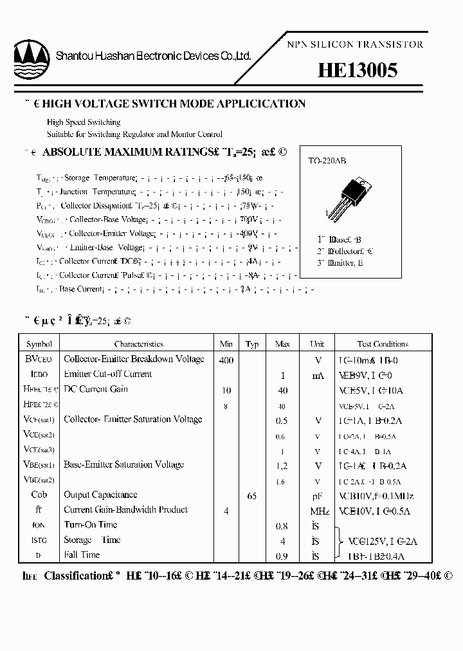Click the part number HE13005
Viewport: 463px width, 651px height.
pyautogui.click(x=358, y=71)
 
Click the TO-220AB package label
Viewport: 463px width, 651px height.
pyautogui.click(x=327, y=161)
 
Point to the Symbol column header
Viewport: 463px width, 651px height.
pyautogui.click(x=39, y=344)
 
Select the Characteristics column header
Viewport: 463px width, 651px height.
pyautogui.click(x=139, y=344)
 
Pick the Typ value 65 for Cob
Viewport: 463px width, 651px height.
pyautogui.click(x=252, y=496)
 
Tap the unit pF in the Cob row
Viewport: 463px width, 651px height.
pyautogui.click(x=317, y=496)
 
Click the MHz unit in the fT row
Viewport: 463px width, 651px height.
pyautogui.click(x=319, y=511)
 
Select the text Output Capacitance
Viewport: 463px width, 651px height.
pyautogui.click(x=100, y=495)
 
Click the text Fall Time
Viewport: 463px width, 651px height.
pyautogui.click(x=82, y=555)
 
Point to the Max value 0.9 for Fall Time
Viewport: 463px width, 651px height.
pyautogui.click(x=282, y=556)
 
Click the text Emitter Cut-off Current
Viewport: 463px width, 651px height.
pyautogui.click(x=108, y=374)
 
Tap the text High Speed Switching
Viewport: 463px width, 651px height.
pyautogui.click(x=84, y=122)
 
